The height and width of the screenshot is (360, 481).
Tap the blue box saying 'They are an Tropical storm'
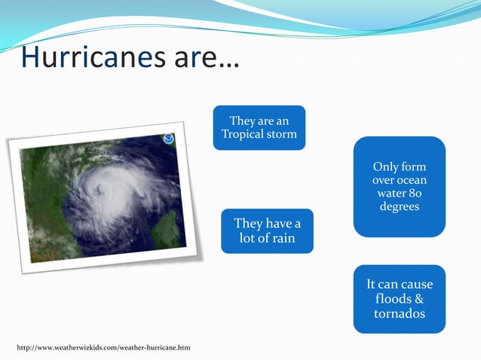(259, 127)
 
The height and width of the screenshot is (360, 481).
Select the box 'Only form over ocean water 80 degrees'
(400, 186)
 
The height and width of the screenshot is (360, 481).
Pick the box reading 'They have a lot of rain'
(267, 231)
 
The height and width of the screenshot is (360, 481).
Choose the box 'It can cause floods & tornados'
(400, 299)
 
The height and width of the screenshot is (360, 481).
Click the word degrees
(400, 207)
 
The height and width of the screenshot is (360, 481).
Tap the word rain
(281, 239)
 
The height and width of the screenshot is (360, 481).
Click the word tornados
(400, 313)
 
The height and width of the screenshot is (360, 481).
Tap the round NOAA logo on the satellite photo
(168, 139)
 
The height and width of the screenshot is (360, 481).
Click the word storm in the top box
(281, 135)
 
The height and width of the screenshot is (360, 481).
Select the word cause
(415, 285)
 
